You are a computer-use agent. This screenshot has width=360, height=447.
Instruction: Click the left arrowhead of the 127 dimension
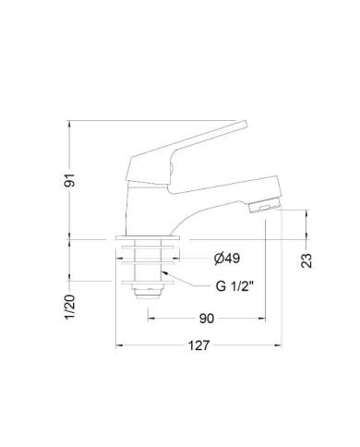[x=117, y=347]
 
